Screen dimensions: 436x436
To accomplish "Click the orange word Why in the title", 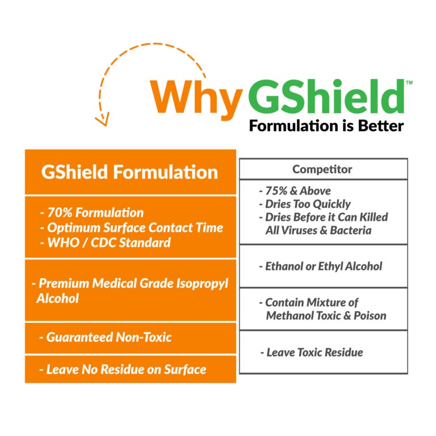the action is point(196,99).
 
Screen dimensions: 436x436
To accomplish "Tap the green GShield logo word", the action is point(326,96).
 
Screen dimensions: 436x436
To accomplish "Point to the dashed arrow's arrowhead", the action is point(102,119).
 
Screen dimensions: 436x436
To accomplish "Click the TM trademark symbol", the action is point(409,82).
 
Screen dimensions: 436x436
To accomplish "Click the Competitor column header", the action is point(322,169).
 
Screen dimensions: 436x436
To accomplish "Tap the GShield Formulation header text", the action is point(129,172).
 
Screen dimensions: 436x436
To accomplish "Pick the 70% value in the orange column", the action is point(60,213).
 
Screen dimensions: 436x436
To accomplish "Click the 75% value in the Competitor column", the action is point(276,191).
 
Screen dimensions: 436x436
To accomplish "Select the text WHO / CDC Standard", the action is point(109,242).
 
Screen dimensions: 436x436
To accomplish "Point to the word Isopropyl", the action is point(203,284).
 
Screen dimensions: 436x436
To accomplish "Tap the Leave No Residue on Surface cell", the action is point(131,369).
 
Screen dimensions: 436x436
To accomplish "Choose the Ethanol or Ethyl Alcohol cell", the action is point(324,266).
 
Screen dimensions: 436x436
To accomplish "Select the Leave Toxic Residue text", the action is point(312,353).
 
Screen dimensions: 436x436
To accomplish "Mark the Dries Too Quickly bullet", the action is point(305,204).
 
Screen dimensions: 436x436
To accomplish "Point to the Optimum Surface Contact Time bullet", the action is point(132,228).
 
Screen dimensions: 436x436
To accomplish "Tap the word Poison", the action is point(370,316).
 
